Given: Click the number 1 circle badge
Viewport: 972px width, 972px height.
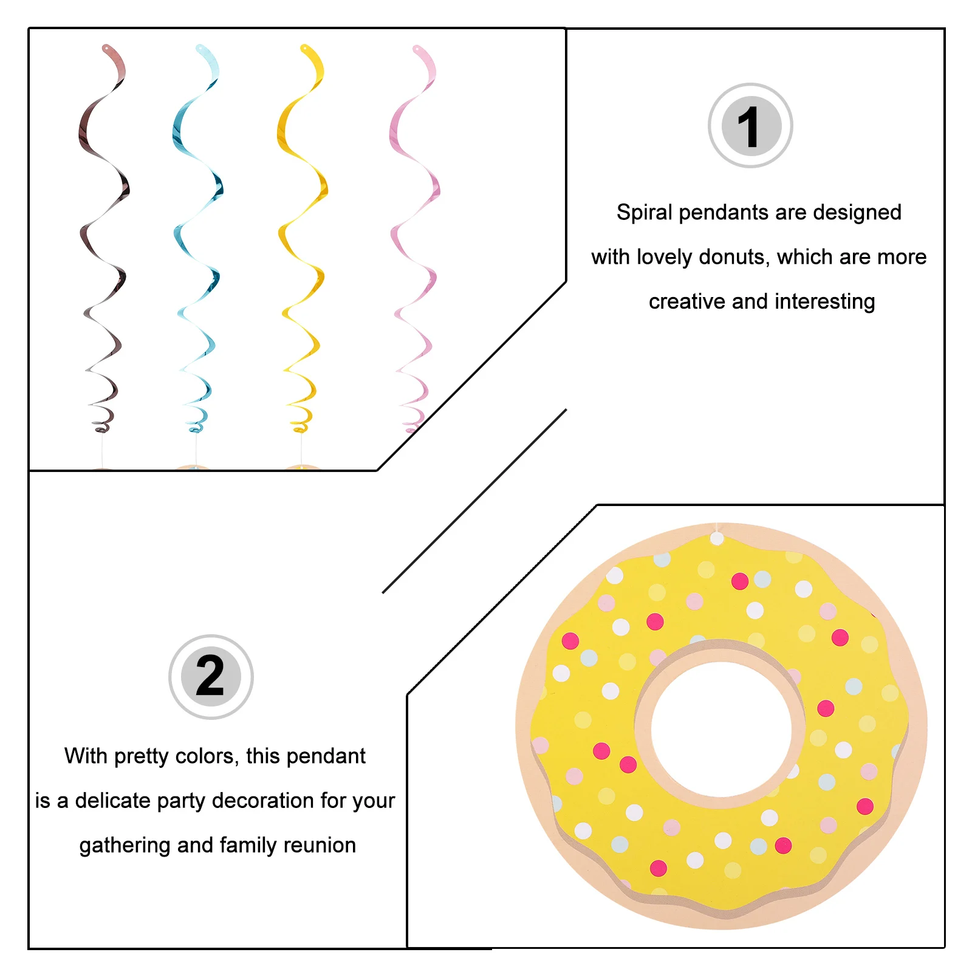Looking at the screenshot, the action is pos(750,126).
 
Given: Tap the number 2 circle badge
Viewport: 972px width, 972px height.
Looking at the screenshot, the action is pos(211,677).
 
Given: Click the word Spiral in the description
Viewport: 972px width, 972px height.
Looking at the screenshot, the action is pos(644,213).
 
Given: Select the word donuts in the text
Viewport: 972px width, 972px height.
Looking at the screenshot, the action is pos(734,257).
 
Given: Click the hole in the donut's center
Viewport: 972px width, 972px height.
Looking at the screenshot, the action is pos(721,728).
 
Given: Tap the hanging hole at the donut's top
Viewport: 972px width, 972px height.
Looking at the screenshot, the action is pos(717,539).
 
